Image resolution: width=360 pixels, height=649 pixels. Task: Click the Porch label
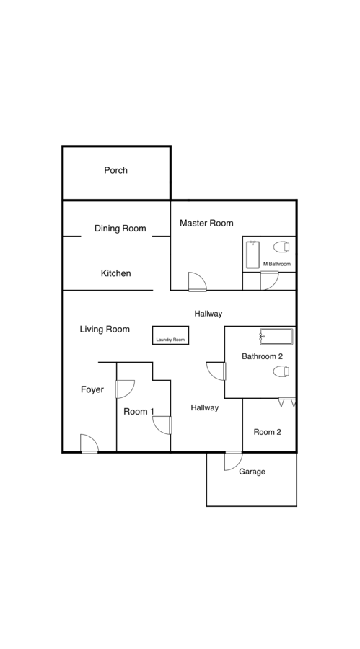[x=115, y=170]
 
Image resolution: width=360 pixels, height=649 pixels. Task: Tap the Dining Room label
[x=120, y=229]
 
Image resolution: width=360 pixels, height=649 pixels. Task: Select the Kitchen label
[x=116, y=273]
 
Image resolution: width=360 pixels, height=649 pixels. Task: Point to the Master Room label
[x=206, y=223]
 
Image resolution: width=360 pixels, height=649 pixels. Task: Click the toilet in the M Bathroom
[x=281, y=247]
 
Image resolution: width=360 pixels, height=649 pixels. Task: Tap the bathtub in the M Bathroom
[x=253, y=255]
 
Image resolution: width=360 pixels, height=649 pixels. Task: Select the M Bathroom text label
[x=277, y=264]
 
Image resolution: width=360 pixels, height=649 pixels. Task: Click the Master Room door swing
[x=197, y=281]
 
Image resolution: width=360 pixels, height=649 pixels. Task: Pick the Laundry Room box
[x=171, y=335]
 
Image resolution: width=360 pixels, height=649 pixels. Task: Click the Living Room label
[x=105, y=329]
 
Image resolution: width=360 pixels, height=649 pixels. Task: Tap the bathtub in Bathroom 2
[x=276, y=337]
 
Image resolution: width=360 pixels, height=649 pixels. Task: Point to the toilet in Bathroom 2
[x=281, y=371]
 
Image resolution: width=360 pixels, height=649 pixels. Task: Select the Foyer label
[x=92, y=389]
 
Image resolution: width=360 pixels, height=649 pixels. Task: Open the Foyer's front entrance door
[x=89, y=443]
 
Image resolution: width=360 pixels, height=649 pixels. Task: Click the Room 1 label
[x=139, y=412]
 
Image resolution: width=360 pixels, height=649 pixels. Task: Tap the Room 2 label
[x=267, y=432]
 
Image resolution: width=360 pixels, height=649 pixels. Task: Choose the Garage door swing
[x=233, y=461]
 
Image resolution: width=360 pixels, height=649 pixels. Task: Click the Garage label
[x=252, y=472]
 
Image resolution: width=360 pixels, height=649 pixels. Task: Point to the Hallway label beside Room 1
[x=205, y=407]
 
